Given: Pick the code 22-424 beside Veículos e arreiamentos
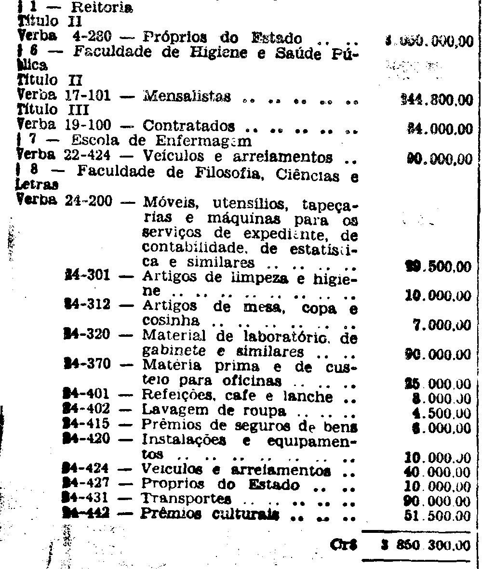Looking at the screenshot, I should point(87,157).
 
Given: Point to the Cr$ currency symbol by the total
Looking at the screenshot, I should point(342,544).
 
